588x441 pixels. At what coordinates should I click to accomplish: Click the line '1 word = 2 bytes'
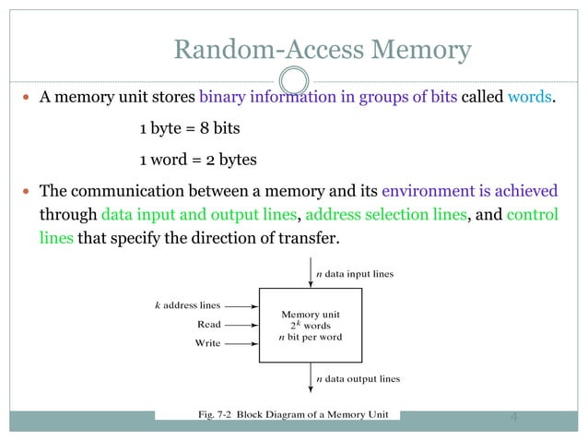197,159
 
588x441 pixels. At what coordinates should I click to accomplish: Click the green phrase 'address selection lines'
384,215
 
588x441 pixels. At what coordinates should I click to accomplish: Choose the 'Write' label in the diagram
207,343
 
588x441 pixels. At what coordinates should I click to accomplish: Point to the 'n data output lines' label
358,378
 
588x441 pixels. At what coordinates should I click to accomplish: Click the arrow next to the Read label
241,324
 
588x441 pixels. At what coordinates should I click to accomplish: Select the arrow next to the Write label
241,343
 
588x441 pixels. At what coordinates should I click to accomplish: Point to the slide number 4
514,417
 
